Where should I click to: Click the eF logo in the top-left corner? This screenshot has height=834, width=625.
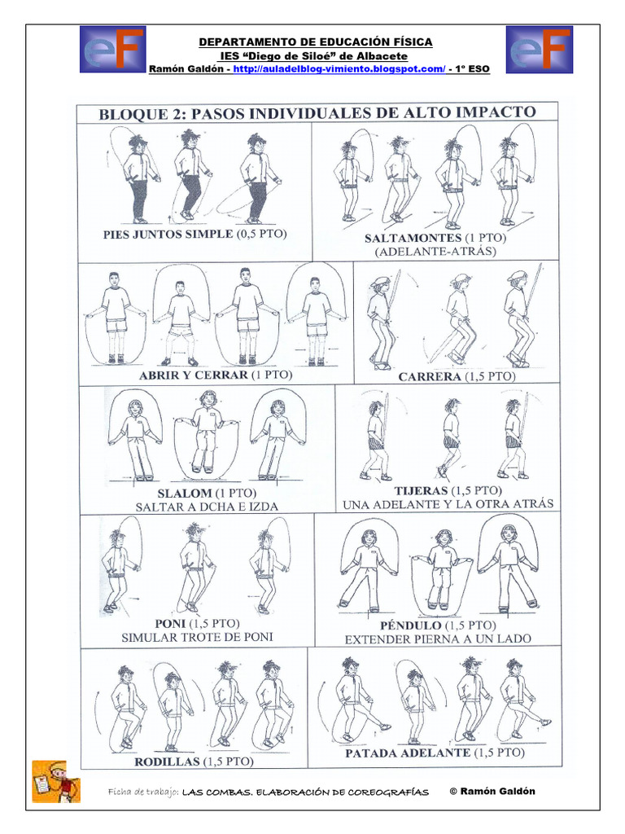click(112, 50)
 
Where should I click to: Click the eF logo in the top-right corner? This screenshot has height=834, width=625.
click(540, 50)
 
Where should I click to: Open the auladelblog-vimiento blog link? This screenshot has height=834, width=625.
click(339, 70)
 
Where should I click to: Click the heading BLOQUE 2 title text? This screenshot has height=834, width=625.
click(317, 112)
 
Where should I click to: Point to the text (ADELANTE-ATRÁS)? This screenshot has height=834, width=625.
click(435, 252)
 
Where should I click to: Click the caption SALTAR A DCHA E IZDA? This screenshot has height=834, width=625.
click(207, 507)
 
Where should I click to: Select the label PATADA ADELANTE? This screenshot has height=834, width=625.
click(408, 753)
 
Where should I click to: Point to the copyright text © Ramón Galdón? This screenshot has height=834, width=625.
click(492, 792)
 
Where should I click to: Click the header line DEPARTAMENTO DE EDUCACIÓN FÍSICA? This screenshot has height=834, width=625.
click(317, 42)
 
